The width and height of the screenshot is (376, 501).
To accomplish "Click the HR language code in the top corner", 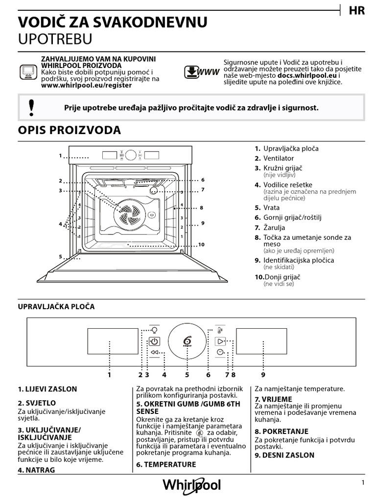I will tap(357, 10).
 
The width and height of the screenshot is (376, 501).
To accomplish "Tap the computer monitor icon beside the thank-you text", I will tap(28, 71).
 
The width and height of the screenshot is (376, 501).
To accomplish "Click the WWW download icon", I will tap(201, 72).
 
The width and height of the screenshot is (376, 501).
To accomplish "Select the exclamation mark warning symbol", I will tap(32, 107).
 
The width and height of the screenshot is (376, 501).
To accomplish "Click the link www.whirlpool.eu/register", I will tap(86, 85).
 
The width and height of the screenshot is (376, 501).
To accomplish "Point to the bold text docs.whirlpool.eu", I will tap(306, 76).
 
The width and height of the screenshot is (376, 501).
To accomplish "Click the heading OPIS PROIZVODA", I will tap(69, 130).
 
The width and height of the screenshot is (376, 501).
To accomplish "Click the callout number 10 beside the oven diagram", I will tap(201, 245).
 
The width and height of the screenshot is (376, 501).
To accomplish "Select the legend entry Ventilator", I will tap(279, 158).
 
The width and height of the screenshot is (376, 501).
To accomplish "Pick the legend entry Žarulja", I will tap(274, 228).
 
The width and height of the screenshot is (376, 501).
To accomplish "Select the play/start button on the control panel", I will tap(221, 341).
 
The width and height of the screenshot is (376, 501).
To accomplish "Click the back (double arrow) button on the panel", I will tap(154, 352).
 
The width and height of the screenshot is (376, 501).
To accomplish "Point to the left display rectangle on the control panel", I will tap(113, 342).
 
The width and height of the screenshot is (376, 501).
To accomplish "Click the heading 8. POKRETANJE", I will tap(282, 432).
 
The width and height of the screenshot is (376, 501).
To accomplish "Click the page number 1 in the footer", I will tap(363, 483).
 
